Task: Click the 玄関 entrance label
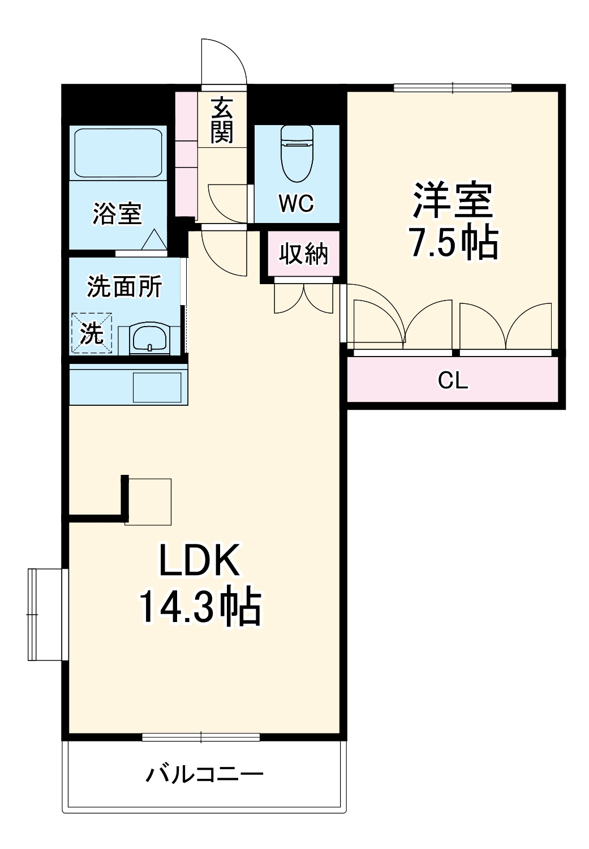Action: coord(222,120)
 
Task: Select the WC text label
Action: coord(296,203)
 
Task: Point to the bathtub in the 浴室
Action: coord(118,153)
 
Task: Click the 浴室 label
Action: coord(117,214)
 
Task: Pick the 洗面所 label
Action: coord(124,286)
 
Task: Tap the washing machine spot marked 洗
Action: coord(92,333)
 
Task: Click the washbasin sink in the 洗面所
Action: coord(149,338)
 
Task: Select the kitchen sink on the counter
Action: coord(157,387)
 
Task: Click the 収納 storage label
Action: coord(303,254)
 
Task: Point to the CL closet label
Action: coord(453,380)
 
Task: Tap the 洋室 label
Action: coord(453,200)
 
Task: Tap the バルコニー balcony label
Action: coord(204,774)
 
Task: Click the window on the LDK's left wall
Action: coord(48,614)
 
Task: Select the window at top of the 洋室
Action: coord(453,88)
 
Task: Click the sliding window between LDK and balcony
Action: coord(201,737)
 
